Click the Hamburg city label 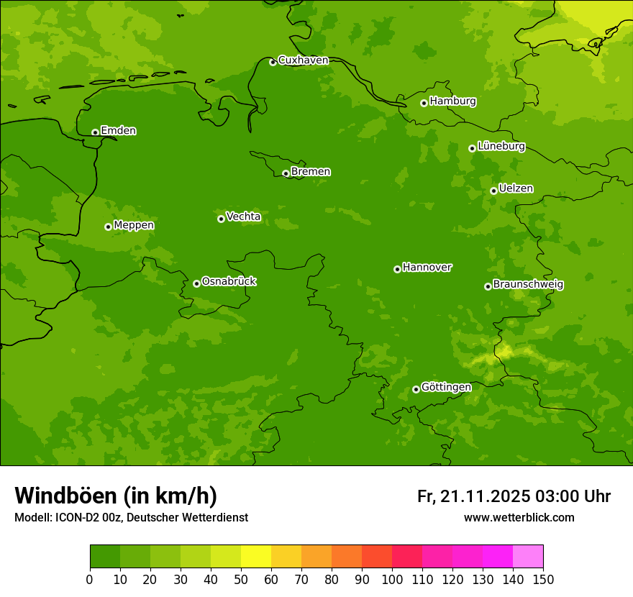(x=452, y=101)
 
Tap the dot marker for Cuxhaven (x=273, y=63)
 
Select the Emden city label (x=118, y=131)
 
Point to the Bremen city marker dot (x=286, y=173)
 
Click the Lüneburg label (x=501, y=146)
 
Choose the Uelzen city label (x=516, y=188)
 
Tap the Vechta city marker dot (x=221, y=219)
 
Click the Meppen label (x=134, y=225)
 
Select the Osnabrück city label (x=229, y=281)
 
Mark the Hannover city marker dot (x=397, y=269)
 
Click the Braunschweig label (x=528, y=285)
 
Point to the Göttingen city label (x=446, y=387)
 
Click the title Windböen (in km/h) (x=116, y=496)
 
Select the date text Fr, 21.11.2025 (x=473, y=496)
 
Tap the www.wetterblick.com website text (x=519, y=518)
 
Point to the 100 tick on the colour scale (x=392, y=579)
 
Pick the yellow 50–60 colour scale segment (x=256, y=557)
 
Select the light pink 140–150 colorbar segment (x=528, y=557)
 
